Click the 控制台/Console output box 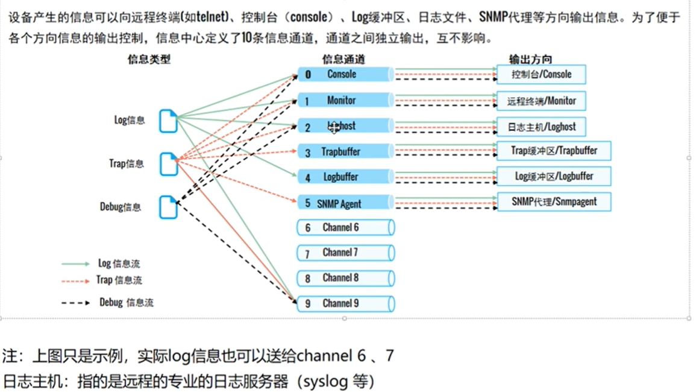pyautogui.click(x=541, y=75)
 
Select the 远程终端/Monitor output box pyautogui.click(x=541, y=101)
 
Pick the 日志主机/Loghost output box pyautogui.click(x=541, y=127)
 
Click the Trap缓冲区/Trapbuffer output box pyautogui.click(x=554, y=151)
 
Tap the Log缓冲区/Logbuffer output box pyautogui.click(x=554, y=176)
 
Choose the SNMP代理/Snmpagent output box pyautogui.click(x=554, y=202)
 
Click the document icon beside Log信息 pyautogui.click(x=169, y=121)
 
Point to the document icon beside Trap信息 pyautogui.click(x=169, y=164)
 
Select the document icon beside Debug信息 pyautogui.click(x=169, y=207)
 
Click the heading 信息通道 pyautogui.click(x=343, y=59)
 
